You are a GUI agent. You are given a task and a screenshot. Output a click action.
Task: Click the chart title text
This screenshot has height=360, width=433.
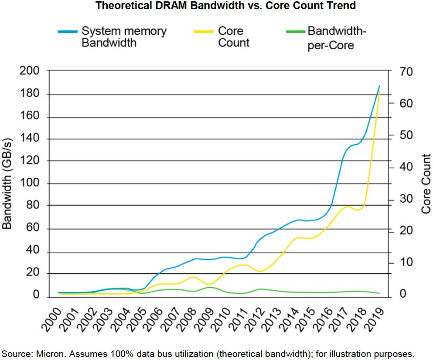[225, 6]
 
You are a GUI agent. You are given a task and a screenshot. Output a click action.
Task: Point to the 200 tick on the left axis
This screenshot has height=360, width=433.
[30, 71]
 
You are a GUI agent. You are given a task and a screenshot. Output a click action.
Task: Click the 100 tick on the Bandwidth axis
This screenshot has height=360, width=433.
[30, 183]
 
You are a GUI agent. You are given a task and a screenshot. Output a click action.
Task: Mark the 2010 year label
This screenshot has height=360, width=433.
[222, 321]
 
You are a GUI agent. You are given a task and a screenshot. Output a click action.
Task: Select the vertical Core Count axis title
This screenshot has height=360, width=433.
[426, 183]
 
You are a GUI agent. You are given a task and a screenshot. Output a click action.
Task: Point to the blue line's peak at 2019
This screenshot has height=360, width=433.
[379, 86]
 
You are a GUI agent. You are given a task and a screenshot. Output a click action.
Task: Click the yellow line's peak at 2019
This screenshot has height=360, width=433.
[379, 92]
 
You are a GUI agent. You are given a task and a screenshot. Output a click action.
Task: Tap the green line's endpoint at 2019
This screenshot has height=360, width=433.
[379, 293]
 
